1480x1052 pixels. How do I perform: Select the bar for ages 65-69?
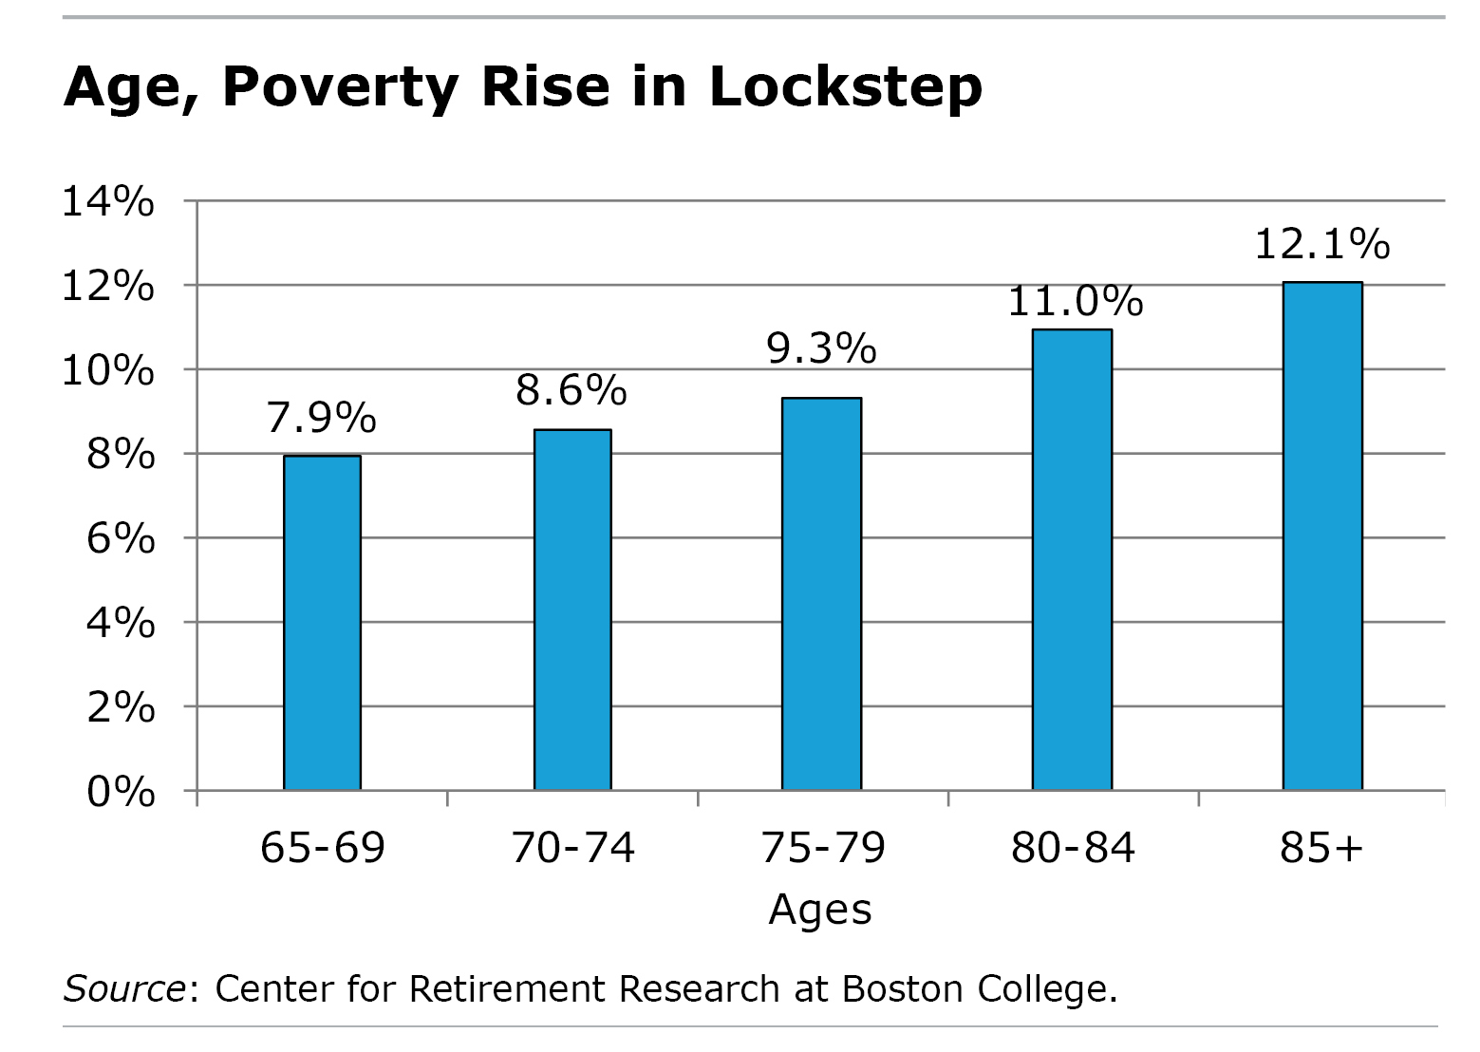click(322, 623)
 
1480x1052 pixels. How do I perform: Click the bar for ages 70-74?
click(572, 610)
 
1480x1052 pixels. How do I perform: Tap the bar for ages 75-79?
click(821, 593)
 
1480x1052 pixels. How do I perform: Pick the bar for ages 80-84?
click(1072, 559)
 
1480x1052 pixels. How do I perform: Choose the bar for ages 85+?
click(1322, 535)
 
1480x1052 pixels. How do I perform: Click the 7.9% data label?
click(322, 418)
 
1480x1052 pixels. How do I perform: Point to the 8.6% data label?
click(571, 390)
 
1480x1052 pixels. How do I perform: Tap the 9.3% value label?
click(821, 348)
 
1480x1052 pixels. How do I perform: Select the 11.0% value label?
click(1075, 302)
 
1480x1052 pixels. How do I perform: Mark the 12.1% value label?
click(1322, 245)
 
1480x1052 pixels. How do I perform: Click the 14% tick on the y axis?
click(108, 201)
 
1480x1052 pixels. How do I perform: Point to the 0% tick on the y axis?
click(121, 791)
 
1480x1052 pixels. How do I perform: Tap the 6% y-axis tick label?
click(121, 538)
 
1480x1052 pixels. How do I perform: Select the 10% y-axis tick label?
click(108, 370)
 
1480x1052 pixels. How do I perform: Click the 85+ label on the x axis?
click(1321, 847)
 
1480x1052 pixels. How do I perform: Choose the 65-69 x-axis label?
click(323, 847)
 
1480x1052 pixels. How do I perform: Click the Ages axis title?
click(820, 909)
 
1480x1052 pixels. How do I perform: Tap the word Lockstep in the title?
click(845, 87)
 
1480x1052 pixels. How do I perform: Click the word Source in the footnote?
click(124, 989)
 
